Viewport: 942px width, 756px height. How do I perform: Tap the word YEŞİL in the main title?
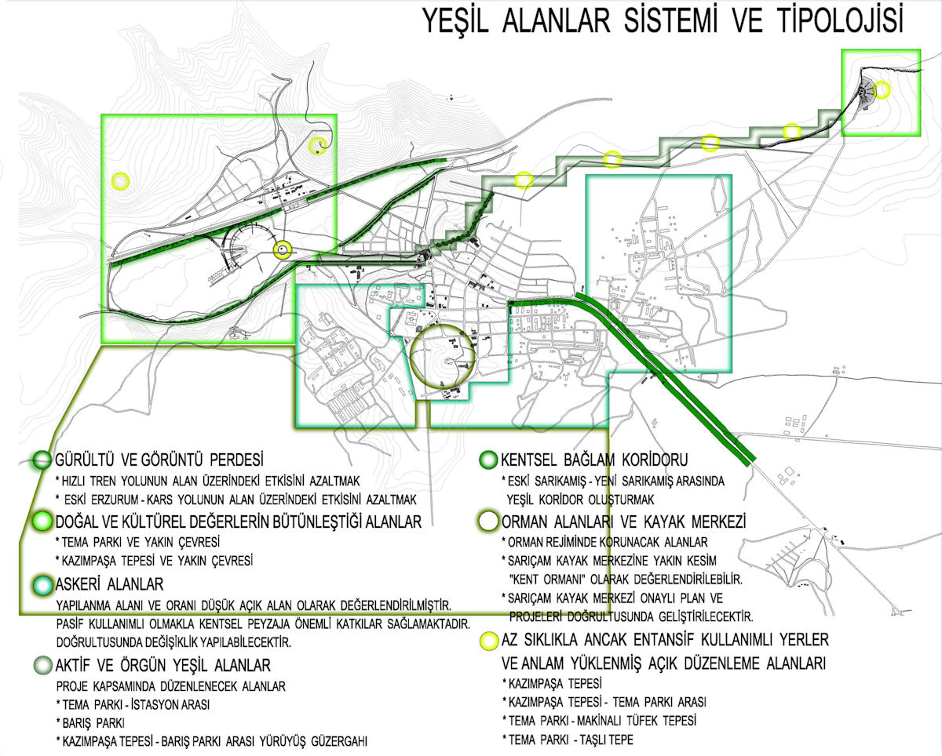pyautogui.click(x=455, y=22)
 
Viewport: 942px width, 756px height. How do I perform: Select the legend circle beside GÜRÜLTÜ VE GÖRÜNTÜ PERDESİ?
pyautogui.click(x=42, y=460)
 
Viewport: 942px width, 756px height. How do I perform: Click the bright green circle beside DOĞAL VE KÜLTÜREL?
pyautogui.click(x=42, y=522)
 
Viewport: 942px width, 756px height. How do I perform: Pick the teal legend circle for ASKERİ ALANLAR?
pyautogui.click(x=42, y=584)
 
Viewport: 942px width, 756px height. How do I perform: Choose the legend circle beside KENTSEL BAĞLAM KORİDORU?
pyautogui.click(x=488, y=460)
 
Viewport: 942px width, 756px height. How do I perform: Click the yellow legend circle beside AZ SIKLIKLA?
pyautogui.click(x=489, y=641)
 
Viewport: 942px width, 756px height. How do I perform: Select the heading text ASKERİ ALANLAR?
pyautogui.click(x=109, y=584)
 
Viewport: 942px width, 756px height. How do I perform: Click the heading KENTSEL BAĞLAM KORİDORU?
pyautogui.click(x=594, y=460)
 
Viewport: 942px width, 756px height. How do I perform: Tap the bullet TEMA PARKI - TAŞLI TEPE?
pyautogui.click(x=568, y=740)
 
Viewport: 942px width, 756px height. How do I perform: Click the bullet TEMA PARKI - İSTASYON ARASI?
pyautogui.click(x=133, y=705)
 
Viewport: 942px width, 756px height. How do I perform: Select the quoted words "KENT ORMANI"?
pyautogui.click(x=548, y=580)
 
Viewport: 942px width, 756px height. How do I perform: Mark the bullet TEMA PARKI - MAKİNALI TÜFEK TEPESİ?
pyautogui.click(x=599, y=721)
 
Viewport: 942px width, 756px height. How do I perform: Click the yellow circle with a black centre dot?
pyautogui.click(x=283, y=250)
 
